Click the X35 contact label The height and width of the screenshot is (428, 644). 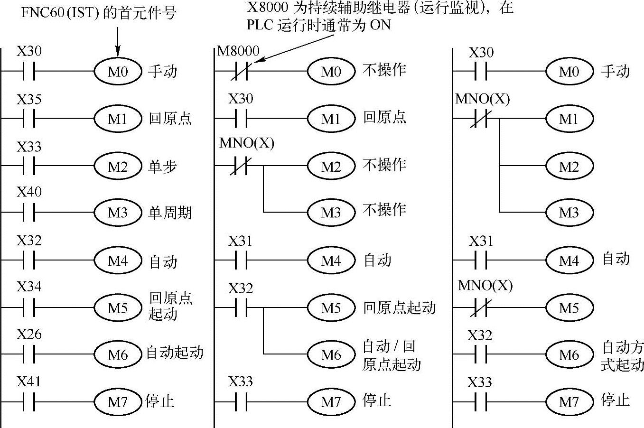[29, 100]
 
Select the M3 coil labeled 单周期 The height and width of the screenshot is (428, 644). [117, 213]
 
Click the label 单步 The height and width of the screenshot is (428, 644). [162, 166]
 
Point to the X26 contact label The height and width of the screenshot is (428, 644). [29, 335]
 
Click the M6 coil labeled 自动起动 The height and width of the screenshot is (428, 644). [117, 354]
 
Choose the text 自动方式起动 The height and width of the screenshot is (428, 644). [622, 356]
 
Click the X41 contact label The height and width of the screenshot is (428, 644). [29, 382]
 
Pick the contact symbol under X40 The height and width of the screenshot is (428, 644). [29, 213]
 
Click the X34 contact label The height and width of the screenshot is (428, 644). [29, 287]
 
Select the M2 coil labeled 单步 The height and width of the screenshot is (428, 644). [117, 166]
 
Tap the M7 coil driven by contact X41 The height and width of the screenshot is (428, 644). [117, 402]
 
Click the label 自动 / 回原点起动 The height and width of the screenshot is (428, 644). [392, 355]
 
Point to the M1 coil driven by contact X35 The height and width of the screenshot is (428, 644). [117, 118]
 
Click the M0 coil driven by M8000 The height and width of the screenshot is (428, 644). [331, 71]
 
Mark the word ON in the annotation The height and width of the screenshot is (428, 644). [380, 25]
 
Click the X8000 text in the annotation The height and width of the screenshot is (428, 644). [268, 8]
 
